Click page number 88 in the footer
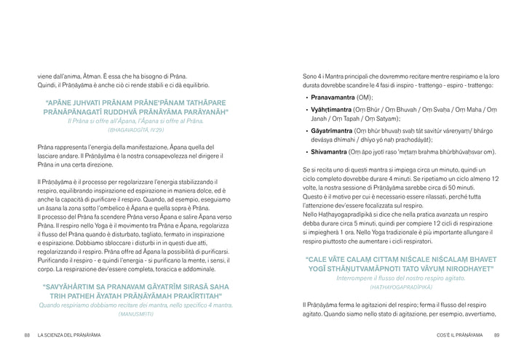(27, 335)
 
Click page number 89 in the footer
(496, 335)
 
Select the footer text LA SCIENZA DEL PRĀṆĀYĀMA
(69, 335)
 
